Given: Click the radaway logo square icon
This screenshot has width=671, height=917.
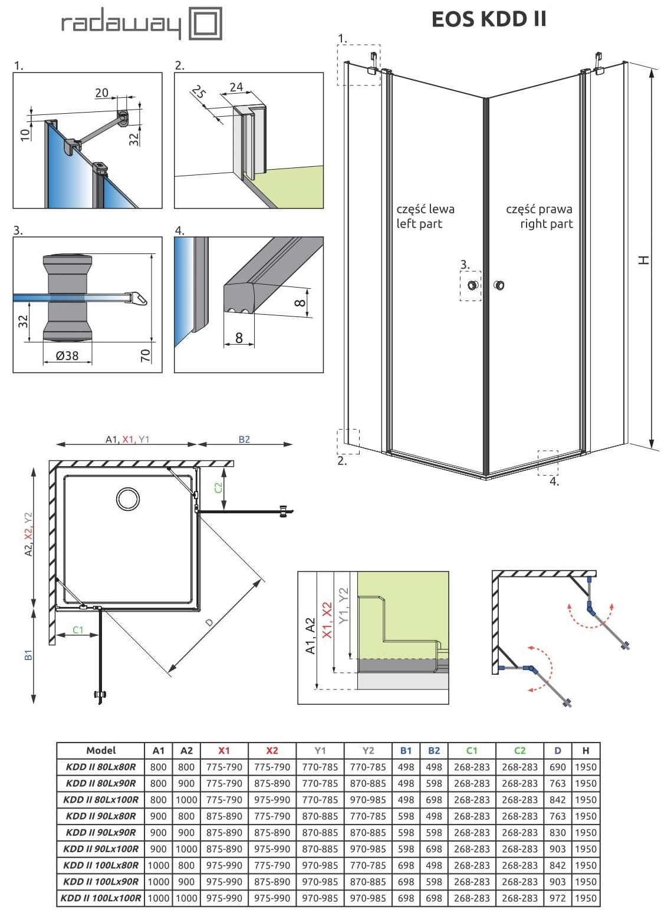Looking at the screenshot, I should (x=205, y=24).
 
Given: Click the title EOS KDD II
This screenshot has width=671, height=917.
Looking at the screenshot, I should (x=489, y=19).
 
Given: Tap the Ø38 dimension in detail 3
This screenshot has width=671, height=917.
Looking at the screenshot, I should (x=67, y=355).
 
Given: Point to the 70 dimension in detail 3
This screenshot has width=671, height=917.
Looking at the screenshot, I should (x=145, y=355).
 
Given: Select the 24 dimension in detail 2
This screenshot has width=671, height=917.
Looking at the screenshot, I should (x=236, y=87).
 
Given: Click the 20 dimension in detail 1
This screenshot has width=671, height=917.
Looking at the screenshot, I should (x=101, y=93).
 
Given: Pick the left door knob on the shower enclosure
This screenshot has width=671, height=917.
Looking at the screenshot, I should (x=472, y=286).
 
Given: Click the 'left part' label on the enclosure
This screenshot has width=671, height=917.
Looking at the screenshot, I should (x=419, y=224).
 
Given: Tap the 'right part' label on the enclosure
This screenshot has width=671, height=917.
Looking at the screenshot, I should (x=546, y=224).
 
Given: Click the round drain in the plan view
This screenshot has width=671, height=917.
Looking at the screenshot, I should (x=128, y=499).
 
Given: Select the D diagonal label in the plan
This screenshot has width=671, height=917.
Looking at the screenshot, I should (x=209, y=623).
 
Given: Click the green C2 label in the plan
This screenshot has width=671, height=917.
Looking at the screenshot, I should (x=218, y=487).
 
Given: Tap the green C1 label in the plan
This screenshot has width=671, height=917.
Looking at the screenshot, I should (x=78, y=629).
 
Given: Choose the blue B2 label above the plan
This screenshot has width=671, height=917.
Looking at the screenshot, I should (x=244, y=439).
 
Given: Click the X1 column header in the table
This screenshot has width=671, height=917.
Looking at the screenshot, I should (x=224, y=750).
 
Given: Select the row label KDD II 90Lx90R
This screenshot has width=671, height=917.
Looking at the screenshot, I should (x=101, y=833).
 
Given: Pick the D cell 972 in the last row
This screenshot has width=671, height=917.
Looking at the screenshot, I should (x=557, y=898).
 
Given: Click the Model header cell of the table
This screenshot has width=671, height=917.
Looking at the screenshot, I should (x=101, y=750).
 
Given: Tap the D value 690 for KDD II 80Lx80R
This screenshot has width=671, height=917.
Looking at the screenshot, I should (x=557, y=767).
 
